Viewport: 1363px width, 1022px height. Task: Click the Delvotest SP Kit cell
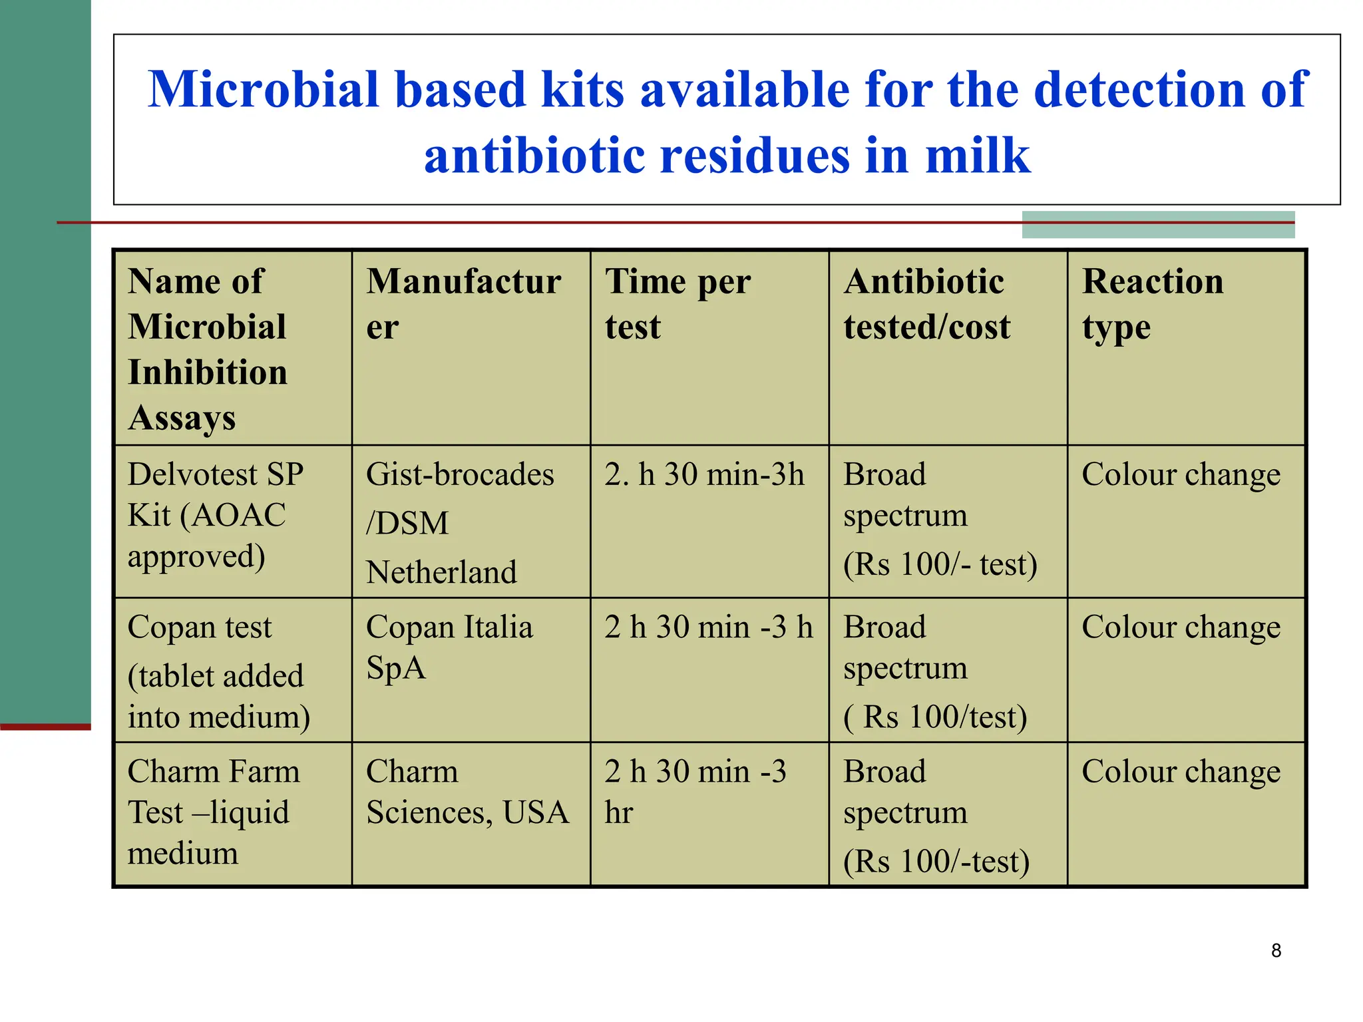(216, 515)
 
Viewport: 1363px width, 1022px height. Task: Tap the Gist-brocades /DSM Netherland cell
(459, 523)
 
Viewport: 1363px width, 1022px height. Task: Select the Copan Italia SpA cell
(449, 647)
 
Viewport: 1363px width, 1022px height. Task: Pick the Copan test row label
(218, 671)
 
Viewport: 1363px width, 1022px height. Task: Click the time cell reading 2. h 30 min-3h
(704, 475)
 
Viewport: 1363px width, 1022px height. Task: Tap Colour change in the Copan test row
(1181, 627)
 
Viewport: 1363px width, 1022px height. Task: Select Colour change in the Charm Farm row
(1181, 772)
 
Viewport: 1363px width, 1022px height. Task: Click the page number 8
(1276, 951)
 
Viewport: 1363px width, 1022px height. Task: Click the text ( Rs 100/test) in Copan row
(935, 717)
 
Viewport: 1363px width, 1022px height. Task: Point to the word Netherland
(441, 572)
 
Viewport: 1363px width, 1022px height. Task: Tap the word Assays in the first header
(182, 419)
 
